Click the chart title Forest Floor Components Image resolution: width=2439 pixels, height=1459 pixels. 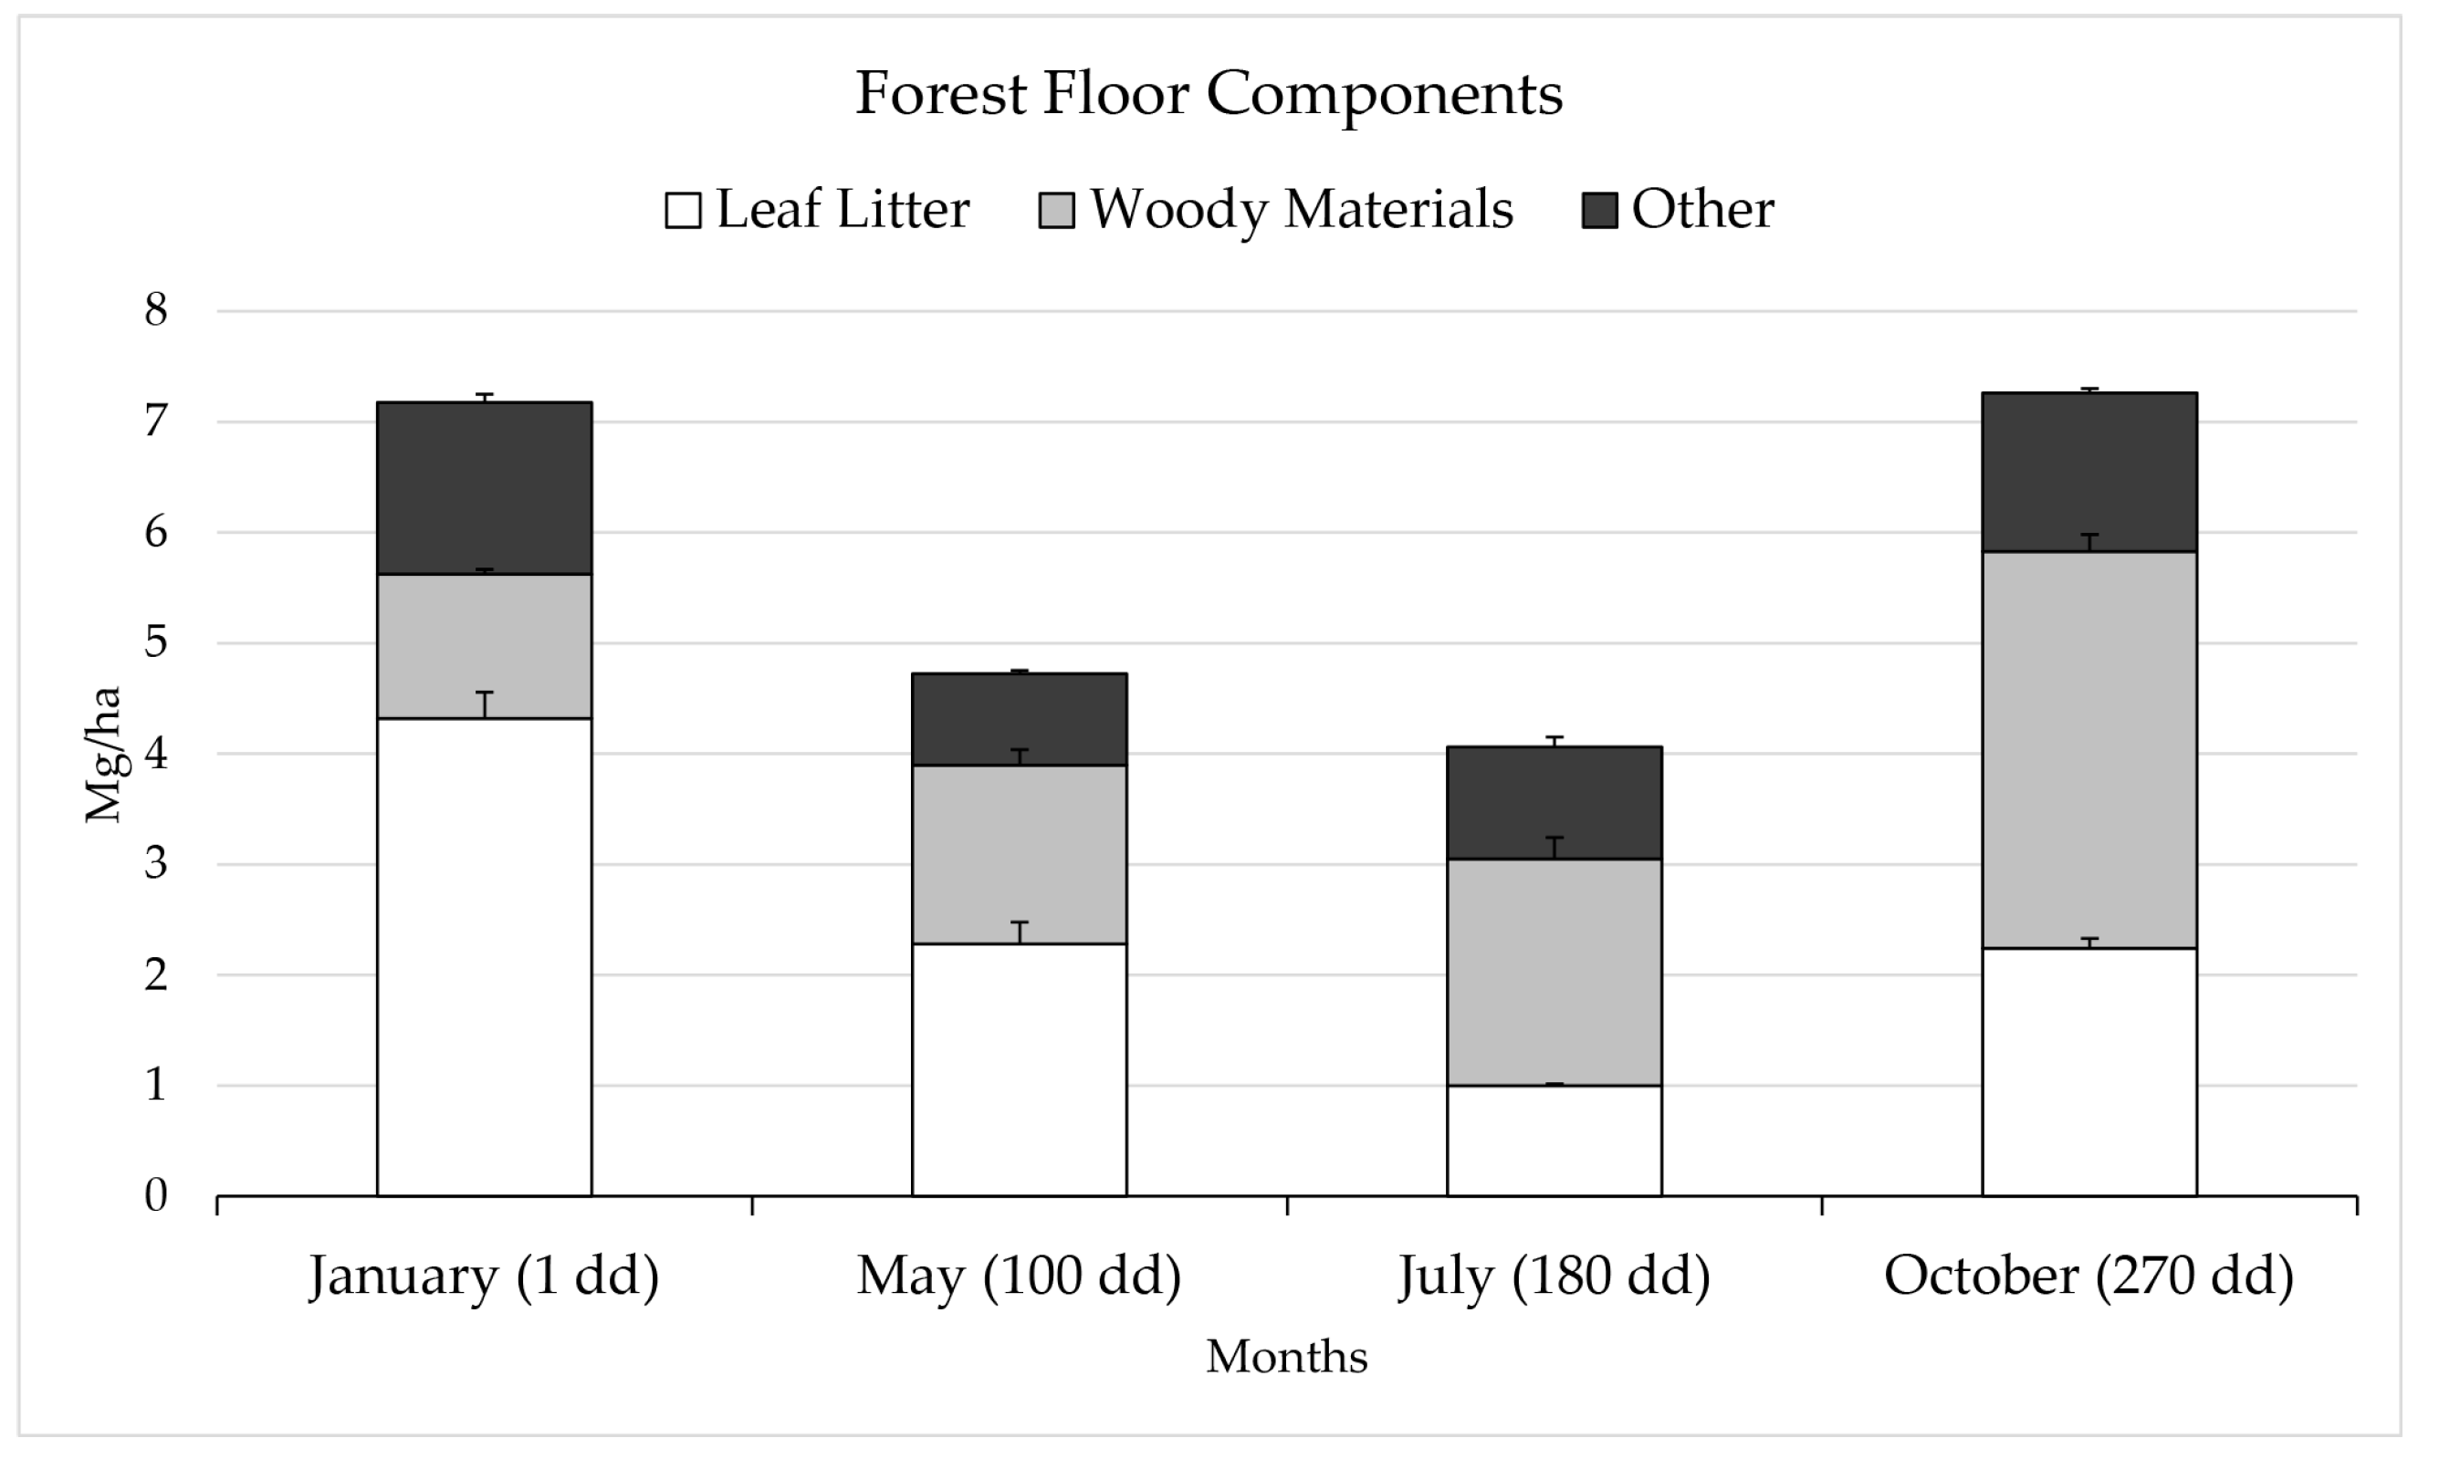click(1208, 94)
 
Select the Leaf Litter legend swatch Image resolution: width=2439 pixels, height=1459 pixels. click(683, 211)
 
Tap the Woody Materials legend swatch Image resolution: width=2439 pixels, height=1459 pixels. click(1055, 211)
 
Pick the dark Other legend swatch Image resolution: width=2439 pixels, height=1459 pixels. click(1599, 211)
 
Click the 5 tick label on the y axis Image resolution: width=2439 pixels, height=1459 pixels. click(155, 643)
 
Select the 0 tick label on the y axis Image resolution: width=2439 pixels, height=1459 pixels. click(155, 1196)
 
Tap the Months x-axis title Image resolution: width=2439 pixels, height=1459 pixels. click(1286, 1357)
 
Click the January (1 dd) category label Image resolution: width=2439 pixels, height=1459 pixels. click(484, 1277)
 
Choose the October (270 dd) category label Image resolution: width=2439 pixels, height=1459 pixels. click(2088, 1277)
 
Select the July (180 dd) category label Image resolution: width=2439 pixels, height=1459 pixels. click(1554, 1277)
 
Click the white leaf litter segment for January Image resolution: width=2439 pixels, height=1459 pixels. click(484, 959)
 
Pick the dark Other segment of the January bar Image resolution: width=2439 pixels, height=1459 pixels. click(484, 489)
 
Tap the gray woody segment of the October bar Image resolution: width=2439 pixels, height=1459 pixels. click(2088, 749)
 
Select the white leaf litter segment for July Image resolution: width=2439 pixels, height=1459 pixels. click(1554, 1141)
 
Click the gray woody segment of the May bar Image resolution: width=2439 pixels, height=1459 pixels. click(1019, 854)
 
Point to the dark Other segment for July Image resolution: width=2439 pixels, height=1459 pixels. click(1554, 803)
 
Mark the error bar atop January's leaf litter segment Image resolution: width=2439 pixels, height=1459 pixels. click(484, 703)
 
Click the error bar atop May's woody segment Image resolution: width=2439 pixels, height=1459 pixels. click(1020, 757)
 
